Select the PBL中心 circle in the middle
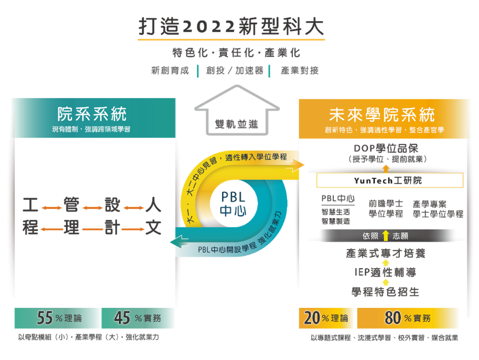(x=233, y=203)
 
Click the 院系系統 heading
(x=92, y=114)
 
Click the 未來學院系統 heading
(x=382, y=115)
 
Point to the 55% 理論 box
(x=58, y=318)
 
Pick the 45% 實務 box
(x=137, y=318)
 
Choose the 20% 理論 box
(x=326, y=318)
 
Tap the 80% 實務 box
(x=408, y=318)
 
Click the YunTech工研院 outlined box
(x=389, y=181)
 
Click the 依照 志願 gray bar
(x=385, y=235)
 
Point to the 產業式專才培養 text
(x=386, y=253)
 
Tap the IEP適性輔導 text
(x=385, y=272)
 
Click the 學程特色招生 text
(x=385, y=291)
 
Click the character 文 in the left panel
(x=153, y=228)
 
